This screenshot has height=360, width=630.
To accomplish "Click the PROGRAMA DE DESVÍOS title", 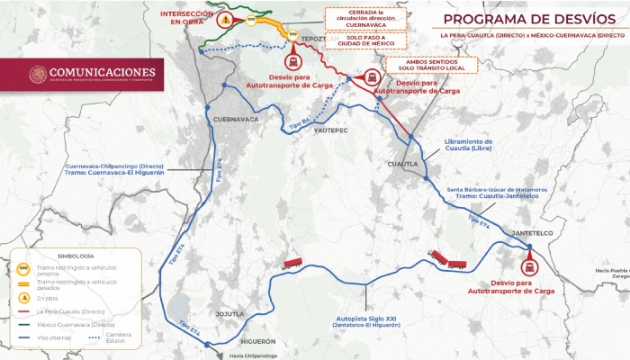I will [522, 18].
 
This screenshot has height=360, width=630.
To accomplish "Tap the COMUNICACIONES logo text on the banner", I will [102, 72].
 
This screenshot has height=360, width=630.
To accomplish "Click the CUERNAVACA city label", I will [237, 119].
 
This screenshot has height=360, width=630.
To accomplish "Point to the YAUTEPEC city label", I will [330, 130].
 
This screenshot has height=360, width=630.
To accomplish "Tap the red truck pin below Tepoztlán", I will [293, 61].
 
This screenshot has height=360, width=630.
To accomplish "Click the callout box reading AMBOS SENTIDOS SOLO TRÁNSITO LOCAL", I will [430, 66].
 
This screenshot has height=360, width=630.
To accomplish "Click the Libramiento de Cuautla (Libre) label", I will [469, 146].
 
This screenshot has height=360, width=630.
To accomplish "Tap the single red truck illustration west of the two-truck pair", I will [292, 263].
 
